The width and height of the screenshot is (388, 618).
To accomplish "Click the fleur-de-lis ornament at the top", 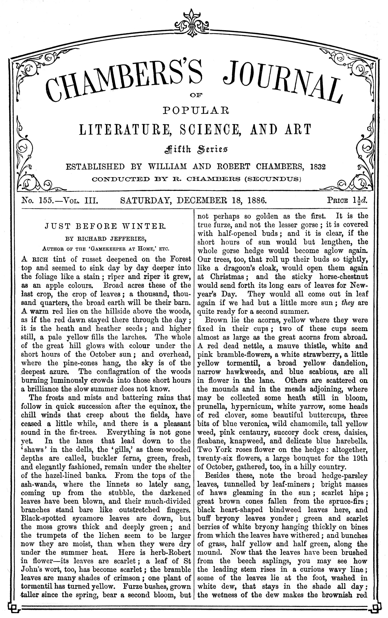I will [194, 23].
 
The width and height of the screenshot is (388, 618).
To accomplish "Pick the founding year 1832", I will [317, 167].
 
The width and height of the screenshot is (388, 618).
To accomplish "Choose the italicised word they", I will [348, 303].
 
